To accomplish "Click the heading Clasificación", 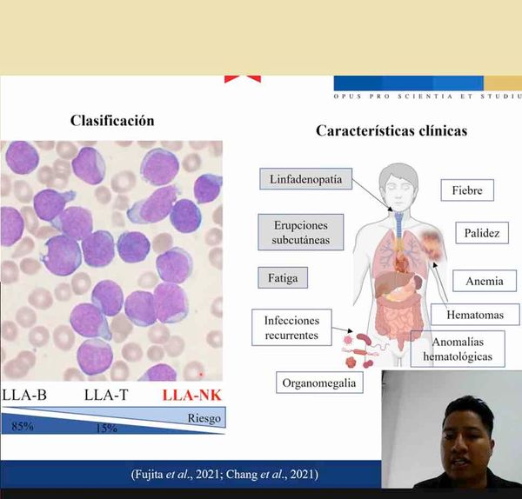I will coord(112,121).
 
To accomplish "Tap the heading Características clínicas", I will coord(391,131).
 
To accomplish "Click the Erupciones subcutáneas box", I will coord(296,230).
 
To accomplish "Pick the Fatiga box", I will coord(283,279).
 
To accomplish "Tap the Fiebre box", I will coord(467,190).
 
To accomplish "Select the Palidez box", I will coord(475,233).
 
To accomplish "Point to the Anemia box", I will coord(484,281).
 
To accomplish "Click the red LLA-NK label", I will coord(192,396).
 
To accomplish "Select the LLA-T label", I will coord(106,396).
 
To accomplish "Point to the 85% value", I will coord(22,426).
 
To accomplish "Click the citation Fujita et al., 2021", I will coord(174,474).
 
